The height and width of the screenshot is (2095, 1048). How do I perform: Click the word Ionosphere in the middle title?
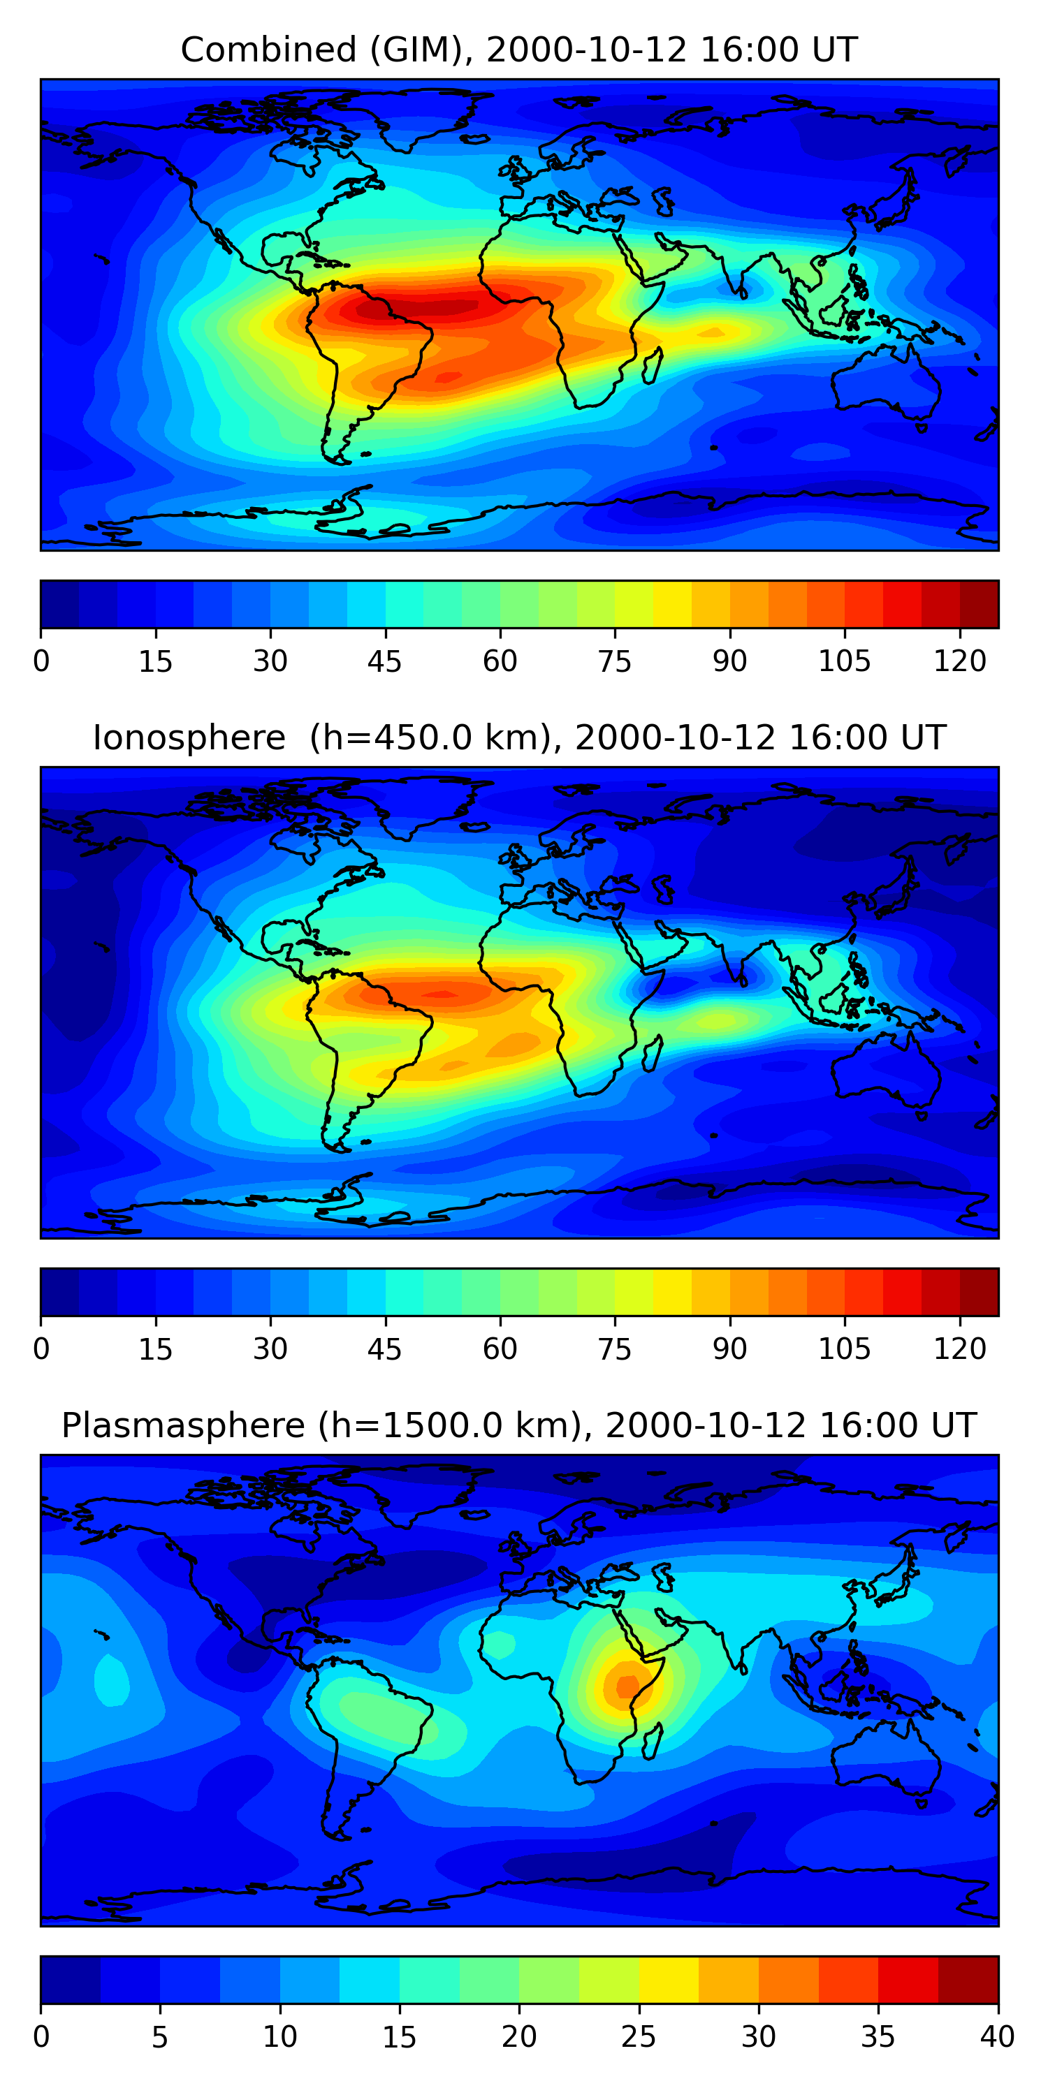(189, 737)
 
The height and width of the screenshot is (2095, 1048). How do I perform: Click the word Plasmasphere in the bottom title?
(183, 1426)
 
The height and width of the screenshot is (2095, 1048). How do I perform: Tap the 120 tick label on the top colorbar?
(960, 661)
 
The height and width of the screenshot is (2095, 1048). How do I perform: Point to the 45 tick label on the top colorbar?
(385, 661)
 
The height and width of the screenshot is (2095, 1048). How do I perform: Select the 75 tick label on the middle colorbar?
(615, 1349)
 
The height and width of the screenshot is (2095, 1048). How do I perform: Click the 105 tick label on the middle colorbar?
(845, 1349)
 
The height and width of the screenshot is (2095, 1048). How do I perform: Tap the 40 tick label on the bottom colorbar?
(998, 2037)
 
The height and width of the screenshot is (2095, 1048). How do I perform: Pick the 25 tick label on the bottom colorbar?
(639, 2037)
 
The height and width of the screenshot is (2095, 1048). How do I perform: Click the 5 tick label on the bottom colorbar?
(160, 2037)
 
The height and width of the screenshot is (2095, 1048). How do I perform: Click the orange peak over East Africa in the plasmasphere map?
(627, 1684)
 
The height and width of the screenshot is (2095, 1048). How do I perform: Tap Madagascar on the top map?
(653, 365)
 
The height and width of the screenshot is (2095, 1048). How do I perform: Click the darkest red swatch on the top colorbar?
(979, 604)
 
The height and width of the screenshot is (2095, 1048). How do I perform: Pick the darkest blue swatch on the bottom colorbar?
(71, 1980)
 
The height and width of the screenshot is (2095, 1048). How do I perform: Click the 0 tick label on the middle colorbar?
(41, 1349)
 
